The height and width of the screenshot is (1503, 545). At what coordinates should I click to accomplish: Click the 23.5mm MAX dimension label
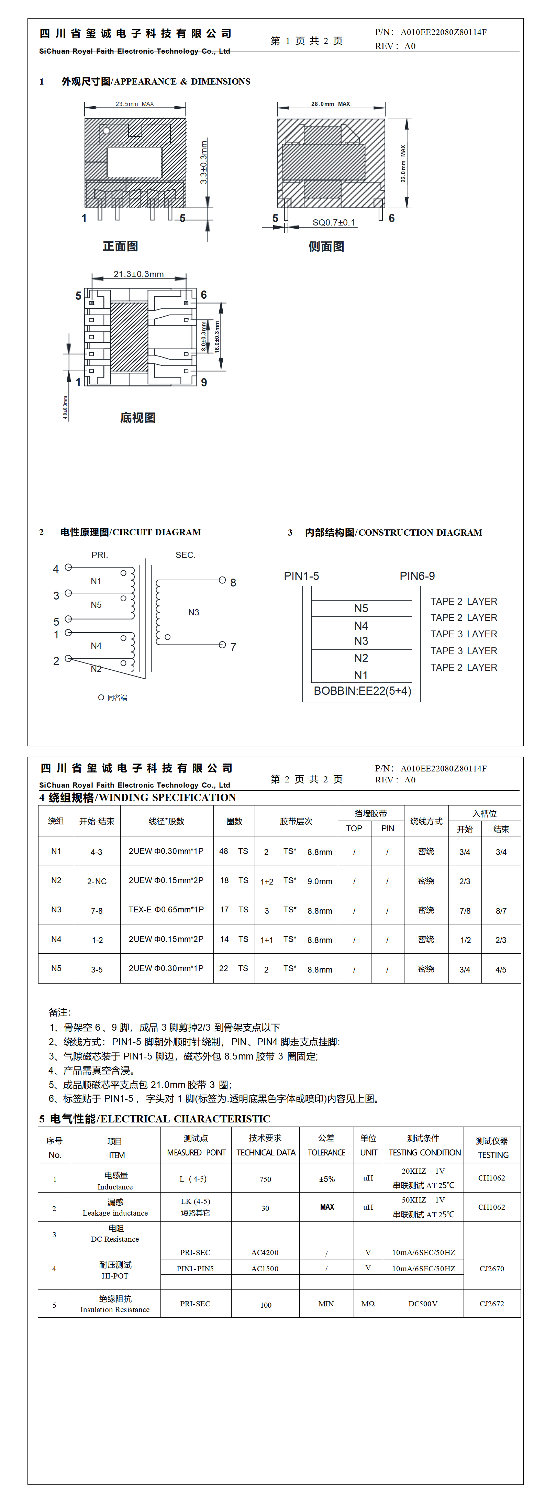[x=134, y=104]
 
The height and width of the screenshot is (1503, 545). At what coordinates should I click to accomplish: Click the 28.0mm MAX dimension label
[x=330, y=104]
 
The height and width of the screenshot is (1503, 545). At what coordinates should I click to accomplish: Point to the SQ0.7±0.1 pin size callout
[x=333, y=222]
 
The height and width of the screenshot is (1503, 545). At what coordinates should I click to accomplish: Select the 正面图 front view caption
[x=120, y=246]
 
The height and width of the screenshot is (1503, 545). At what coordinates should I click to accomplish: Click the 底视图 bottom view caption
[x=138, y=418]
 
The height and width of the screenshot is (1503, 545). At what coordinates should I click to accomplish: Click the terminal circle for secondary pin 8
[x=222, y=580]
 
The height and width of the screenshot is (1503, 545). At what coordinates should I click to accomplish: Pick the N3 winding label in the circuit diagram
[x=194, y=612]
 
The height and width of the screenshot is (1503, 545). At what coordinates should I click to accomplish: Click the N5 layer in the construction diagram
[x=361, y=608]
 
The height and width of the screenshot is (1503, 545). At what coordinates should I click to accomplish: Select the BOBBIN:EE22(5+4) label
[x=363, y=691]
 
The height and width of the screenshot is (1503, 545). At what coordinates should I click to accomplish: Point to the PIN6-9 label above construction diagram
[x=417, y=576]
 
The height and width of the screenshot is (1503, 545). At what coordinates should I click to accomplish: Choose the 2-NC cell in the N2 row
[x=97, y=881]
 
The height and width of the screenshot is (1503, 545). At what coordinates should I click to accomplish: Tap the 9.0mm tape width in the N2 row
[x=320, y=881]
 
